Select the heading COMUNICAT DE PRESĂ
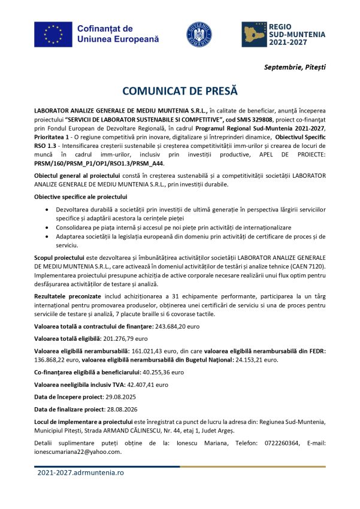(180, 91)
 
